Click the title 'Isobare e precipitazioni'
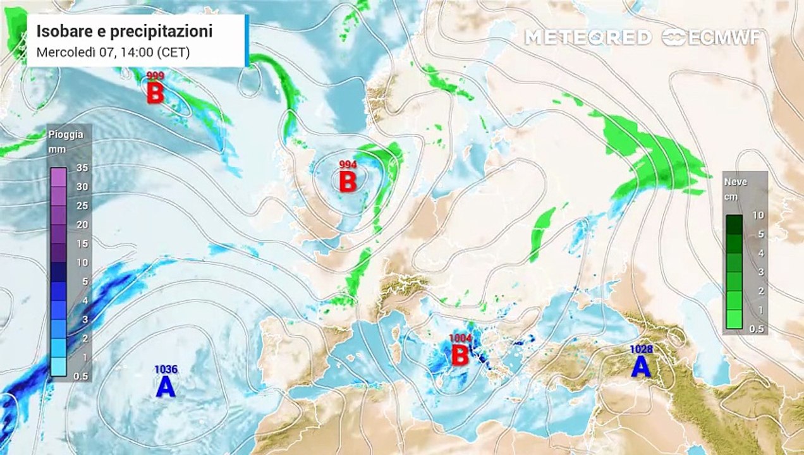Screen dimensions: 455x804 (x=124, y=31)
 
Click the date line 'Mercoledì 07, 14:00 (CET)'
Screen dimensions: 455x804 (x=113, y=52)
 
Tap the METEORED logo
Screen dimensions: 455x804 (x=588, y=38)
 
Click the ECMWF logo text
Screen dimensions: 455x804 (x=721, y=38)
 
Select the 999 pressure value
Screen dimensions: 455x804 (x=155, y=76)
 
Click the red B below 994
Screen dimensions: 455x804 (x=348, y=182)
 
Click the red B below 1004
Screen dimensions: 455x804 (x=460, y=356)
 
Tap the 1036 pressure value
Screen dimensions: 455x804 (x=166, y=370)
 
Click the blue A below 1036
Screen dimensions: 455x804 (x=166, y=387)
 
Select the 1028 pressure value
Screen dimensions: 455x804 (x=641, y=349)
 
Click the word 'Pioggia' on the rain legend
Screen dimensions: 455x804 (x=65, y=134)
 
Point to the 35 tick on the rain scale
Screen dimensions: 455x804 (x=82, y=168)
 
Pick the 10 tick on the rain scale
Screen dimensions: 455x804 (x=82, y=262)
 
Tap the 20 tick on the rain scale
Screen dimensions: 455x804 (x=82, y=224)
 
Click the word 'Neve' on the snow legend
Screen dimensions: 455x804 (x=736, y=182)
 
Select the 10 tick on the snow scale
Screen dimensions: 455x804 (x=758, y=215)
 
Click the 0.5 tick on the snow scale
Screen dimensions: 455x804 (x=757, y=329)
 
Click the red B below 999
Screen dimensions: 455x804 (x=155, y=94)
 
